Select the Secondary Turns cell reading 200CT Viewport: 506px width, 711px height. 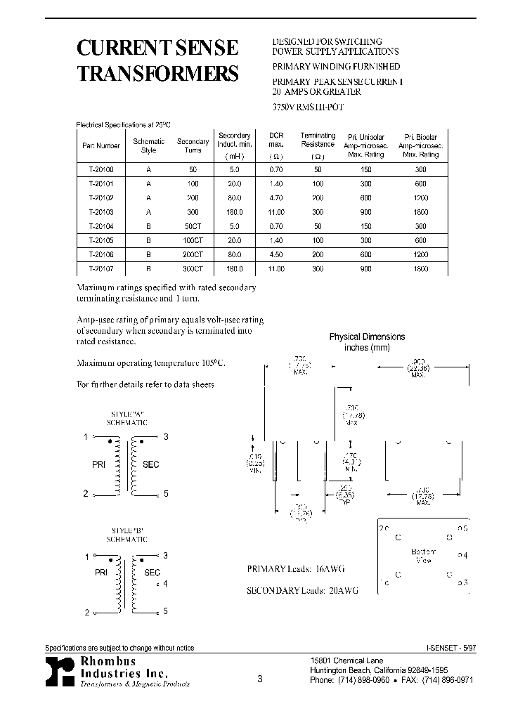tap(193, 255)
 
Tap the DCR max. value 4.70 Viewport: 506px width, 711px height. tap(276, 198)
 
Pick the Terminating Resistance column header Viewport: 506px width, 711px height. tap(318, 145)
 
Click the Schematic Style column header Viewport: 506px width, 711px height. tap(148, 145)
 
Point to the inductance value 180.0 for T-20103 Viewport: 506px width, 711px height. tap(234, 212)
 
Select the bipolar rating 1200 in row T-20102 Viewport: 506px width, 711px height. tap(421, 198)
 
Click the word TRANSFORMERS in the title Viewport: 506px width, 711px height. tap(157, 74)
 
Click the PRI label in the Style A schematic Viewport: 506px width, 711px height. tap(99, 464)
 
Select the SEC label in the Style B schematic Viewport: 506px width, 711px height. tap(152, 573)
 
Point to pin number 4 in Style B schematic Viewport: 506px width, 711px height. tap(166, 583)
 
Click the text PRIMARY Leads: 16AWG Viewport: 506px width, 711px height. tap(296, 568)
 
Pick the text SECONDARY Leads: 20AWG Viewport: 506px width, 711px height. tap(302, 591)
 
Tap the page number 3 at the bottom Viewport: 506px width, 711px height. tap(259, 679)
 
